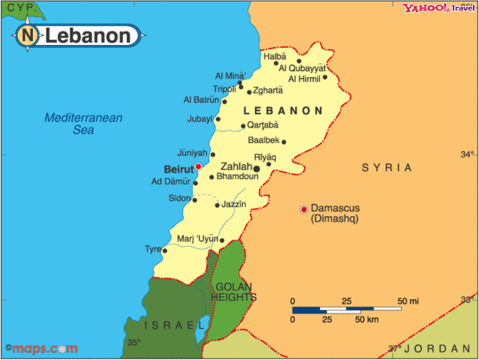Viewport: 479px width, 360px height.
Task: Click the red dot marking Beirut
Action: (198, 166)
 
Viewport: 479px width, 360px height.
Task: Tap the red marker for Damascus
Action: (304, 208)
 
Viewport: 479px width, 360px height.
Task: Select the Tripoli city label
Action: (225, 88)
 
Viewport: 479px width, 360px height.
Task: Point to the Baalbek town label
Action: (263, 140)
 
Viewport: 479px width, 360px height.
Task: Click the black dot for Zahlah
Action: (256, 169)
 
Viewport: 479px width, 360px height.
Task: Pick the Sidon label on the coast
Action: (179, 198)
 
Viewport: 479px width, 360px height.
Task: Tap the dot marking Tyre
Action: (164, 250)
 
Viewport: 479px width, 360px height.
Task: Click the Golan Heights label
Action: (234, 292)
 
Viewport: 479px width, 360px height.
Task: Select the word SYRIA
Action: (387, 167)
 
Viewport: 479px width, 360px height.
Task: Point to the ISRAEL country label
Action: (174, 325)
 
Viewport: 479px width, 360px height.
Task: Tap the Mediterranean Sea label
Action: (83, 124)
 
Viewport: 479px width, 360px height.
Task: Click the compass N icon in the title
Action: (28, 35)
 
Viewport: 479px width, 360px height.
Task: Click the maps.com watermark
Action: (41, 349)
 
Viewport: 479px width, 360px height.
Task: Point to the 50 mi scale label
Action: (409, 301)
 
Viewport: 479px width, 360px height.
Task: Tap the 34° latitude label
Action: (468, 154)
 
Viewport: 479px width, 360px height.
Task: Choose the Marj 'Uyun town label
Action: (198, 239)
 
